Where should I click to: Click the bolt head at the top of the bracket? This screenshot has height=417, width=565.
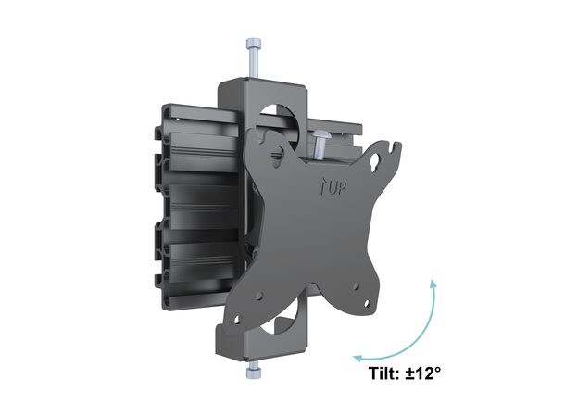[x=254, y=44]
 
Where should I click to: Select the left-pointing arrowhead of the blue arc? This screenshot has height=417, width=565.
[x=356, y=355]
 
